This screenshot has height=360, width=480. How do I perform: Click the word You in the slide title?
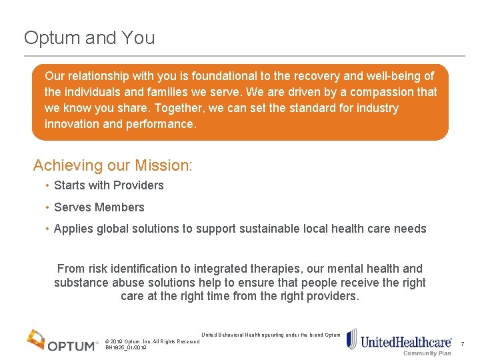(137, 38)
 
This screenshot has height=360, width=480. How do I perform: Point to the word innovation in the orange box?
(72, 124)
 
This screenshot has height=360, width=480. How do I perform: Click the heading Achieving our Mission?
(113, 165)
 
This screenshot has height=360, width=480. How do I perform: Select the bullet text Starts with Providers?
(109, 185)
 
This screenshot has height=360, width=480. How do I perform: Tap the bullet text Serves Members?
(99, 207)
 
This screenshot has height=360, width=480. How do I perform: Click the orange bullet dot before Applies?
(47, 229)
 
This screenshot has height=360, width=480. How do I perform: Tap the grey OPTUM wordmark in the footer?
(73, 345)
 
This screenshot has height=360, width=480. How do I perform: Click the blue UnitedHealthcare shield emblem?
(352, 339)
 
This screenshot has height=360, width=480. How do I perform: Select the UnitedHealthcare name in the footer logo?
(405, 343)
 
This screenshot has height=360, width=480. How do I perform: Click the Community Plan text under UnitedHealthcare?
(427, 353)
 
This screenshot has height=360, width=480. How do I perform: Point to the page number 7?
(462, 344)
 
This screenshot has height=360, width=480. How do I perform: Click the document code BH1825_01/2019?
(126, 348)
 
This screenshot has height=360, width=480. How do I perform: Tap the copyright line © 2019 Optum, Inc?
(153, 341)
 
